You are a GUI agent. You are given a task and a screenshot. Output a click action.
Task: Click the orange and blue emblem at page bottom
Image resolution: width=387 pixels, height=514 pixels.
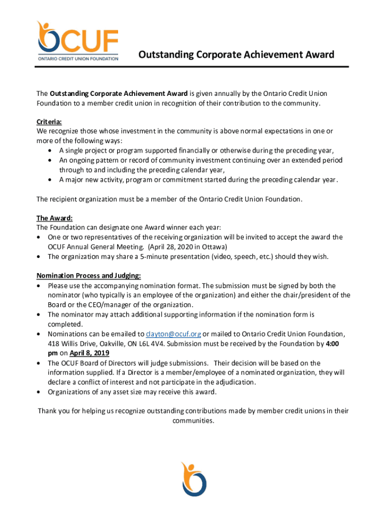click(193, 479)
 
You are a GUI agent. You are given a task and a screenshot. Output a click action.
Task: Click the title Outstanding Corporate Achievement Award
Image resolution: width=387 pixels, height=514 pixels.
click(236, 54)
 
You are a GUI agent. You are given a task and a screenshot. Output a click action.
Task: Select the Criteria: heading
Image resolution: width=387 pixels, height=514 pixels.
click(49, 122)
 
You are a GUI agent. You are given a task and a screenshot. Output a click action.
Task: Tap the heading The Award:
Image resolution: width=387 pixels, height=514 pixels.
click(54, 218)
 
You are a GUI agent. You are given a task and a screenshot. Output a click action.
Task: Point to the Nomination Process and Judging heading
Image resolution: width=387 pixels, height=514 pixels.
click(88, 276)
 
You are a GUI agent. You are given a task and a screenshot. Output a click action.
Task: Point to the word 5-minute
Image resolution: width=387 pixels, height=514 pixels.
click(138, 256)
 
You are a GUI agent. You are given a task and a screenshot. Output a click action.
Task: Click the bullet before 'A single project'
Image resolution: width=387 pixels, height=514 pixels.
click(50, 151)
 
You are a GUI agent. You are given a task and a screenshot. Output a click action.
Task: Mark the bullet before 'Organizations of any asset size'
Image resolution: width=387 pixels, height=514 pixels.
click(39, 392)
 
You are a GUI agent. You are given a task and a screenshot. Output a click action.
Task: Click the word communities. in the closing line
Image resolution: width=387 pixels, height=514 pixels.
click(193, 421)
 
